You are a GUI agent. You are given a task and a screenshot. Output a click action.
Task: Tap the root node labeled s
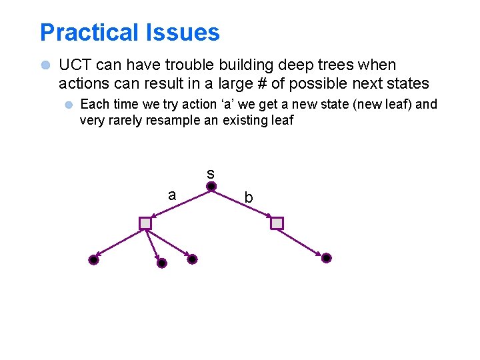[x=211, y=187]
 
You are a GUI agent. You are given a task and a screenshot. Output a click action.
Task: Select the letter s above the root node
[x=210, y=173]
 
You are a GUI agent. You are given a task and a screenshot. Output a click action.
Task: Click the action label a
[x=172, y=195]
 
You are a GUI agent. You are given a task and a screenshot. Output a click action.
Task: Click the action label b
[x=248, y=198]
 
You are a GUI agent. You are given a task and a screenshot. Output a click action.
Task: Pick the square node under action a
[x=145, y=223]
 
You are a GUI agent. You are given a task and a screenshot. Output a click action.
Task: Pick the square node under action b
[x=277, y=223]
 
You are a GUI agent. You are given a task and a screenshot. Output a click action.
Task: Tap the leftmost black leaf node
[x=93, y=260]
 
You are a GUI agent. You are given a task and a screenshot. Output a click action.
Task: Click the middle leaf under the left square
[x=161, y=263]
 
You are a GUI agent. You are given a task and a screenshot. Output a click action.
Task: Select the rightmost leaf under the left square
[x=192, y=259]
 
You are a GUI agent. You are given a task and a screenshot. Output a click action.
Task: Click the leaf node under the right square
[x=326, y=258]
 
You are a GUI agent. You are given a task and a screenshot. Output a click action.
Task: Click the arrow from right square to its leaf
[x=301, y=241]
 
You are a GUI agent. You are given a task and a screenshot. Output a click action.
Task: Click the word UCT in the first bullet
[x=74, y=65]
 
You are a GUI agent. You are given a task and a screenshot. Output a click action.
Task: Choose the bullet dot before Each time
[x=68, y=105]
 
